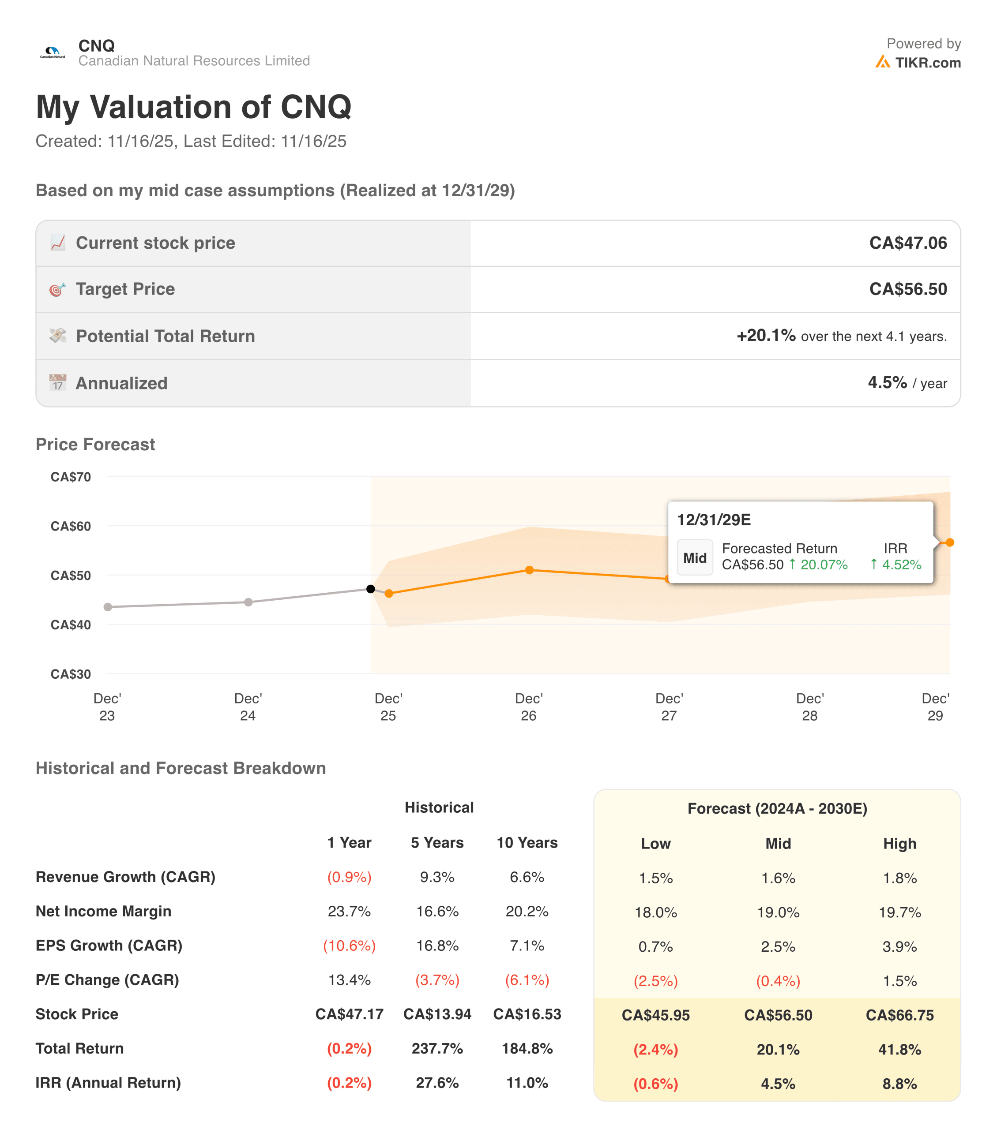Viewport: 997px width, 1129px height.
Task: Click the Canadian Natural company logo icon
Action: click(53, 53)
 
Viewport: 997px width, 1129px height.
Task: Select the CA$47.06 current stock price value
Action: click(907, 243)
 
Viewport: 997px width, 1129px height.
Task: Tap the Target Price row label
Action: click(125, 289)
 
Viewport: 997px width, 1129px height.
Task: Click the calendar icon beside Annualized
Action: click(57, 382)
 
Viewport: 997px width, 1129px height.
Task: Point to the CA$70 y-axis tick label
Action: click(71, 477)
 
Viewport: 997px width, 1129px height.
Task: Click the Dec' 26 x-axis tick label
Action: click(528, 707)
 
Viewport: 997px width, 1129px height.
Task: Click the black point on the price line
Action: click(371, 589)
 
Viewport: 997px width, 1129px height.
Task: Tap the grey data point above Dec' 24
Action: click(248, 602)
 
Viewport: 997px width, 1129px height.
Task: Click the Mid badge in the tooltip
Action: click(694, 558)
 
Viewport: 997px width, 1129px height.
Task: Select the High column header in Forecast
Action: click(899, 843)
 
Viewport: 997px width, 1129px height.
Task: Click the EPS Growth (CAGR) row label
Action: click(109, 945)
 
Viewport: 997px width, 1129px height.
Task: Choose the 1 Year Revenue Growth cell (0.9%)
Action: click(349, 877)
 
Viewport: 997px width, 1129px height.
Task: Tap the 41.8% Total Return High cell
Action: click(899, 1050)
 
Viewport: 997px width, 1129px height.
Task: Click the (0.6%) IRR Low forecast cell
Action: click(655, 1084)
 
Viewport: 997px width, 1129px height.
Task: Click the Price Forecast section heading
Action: click(95, 444)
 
